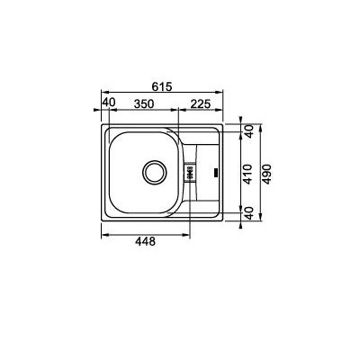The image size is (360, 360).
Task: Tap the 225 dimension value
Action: pyautogui.click(x=199, y=103)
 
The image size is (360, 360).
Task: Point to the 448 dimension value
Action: pyautogui.click(x=145, y=241)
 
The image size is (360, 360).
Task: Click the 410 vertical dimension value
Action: pyautogui.click(x=249, y=173)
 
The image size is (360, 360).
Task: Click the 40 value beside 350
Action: pyautogui.click(x=109, y=103)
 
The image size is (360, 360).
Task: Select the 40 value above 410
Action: pyautogui.click(x=249, y=131)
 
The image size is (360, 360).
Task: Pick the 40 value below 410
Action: pyautogui.click(x=249, y=214)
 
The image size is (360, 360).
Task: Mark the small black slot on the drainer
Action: pyautogui.click(x=216, y=171)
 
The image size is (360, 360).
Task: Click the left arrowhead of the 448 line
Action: pyautogui.click(x=103, y=234)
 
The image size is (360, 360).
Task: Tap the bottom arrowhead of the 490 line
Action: pyautogui.click(x=259, y=220)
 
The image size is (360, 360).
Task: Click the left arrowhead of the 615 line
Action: pyautogui.click(x=103, y=92)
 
